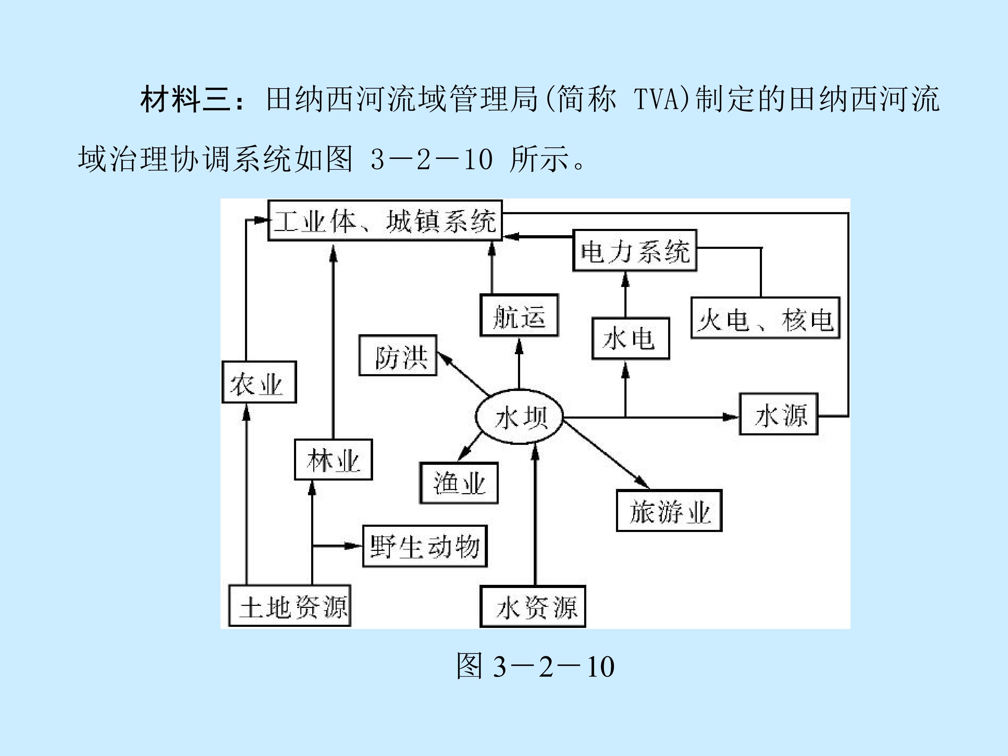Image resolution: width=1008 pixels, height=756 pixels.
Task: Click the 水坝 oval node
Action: (x=519, y=417)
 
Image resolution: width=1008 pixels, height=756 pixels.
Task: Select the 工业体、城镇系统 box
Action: (x=385, y=220)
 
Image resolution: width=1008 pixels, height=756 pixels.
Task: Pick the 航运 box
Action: (x=519, y=315)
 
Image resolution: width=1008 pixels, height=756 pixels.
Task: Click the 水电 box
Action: (x=631, y=338)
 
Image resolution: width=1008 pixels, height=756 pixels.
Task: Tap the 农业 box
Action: (x=259, y=382)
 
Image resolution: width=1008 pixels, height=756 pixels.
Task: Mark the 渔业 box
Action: (x=459, y=483)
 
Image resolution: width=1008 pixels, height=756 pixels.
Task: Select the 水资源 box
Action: (x=533, y=607)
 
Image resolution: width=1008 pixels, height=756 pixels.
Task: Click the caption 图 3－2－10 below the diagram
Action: (x=535, y=667)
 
